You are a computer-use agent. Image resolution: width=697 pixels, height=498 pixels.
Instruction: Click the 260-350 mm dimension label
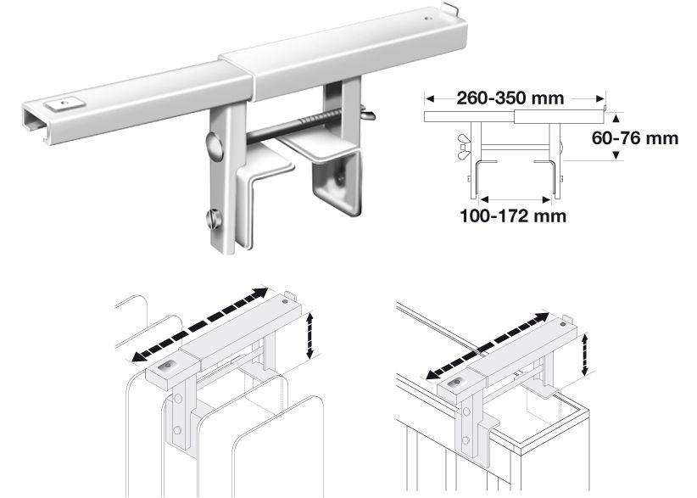510,98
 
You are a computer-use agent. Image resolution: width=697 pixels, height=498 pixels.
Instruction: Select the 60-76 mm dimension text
635,138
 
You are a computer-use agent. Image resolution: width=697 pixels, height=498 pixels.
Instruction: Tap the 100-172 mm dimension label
513,216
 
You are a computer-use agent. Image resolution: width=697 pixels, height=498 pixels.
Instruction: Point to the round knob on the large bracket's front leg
215,146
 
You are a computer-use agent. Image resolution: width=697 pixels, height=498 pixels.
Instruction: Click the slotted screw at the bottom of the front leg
213,219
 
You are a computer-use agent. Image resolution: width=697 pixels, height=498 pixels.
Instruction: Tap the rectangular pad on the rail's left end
65,104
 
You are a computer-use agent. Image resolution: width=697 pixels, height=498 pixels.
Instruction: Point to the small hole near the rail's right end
428,20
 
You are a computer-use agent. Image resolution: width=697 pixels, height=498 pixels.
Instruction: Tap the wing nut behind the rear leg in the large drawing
368,113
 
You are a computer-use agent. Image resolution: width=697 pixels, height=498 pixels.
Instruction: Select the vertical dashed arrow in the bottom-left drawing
310,335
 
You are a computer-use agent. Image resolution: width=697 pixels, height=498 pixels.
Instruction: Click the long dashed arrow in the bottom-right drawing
488,346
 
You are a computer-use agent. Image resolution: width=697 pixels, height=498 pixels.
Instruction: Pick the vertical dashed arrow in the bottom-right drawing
585,355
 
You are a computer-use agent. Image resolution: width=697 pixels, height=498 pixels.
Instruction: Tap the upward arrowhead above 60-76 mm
616,118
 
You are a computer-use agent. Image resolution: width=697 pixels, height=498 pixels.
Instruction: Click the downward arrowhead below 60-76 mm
616,155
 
